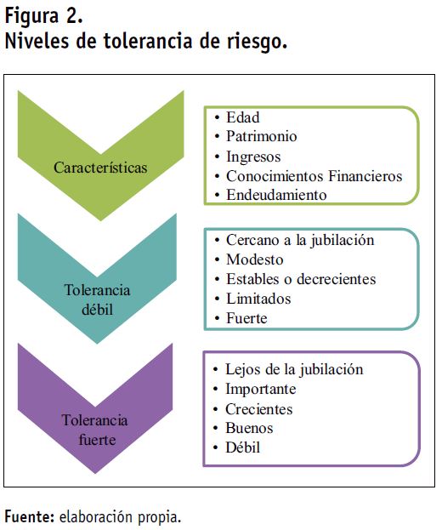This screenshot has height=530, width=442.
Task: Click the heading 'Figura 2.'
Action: coord(43,16)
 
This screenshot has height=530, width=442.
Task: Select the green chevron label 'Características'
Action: coord(100,168)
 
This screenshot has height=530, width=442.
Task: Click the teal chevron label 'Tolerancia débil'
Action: coord(97,299)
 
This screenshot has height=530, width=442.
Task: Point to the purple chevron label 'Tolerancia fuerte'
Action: coord(95,430)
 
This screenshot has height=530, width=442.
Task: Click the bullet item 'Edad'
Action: coord(243,117)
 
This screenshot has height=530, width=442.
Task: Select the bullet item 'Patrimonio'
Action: coord(261,136)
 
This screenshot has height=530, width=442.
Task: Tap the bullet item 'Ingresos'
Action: coord(253,157)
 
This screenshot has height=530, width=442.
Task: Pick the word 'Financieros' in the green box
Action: coord(365,176)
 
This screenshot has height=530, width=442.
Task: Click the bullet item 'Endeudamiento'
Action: coord(276,195)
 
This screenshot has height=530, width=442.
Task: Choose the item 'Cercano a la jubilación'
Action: coord(300,240)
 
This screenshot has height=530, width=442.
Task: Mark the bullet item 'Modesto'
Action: coord(255,259)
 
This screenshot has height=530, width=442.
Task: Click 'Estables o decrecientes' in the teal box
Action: coord(301,279)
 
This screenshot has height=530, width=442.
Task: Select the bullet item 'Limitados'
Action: coord(258,299)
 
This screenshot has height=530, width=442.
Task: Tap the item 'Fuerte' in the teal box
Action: coord(246,318)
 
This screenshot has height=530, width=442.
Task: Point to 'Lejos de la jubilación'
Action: coord(294,369)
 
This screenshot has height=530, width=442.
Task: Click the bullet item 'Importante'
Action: coord(261,389)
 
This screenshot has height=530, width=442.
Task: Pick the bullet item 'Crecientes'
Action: coord(258,409)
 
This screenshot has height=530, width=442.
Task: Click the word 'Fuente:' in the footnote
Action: coord(30,517)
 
